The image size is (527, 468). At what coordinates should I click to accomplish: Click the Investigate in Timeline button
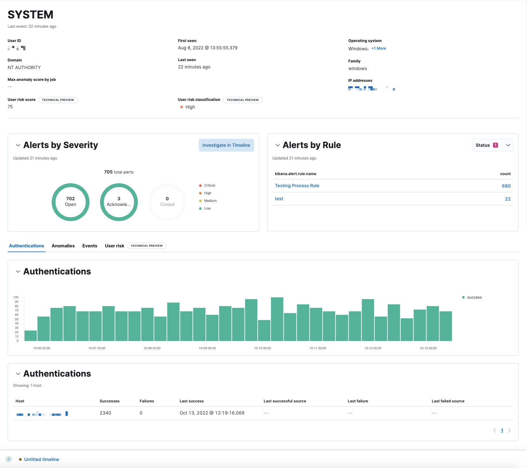click(226, 145)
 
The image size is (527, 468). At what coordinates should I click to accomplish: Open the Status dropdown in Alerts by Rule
click(493, 145)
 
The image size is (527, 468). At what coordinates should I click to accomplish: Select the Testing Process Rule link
click(297, 186)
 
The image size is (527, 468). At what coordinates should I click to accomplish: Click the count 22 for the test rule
click(508, 199)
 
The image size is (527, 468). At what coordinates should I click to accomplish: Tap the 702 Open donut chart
click(71, 202)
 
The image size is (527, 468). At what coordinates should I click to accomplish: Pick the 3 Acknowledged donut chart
click(119, 202)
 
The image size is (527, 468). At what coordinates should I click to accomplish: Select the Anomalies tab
click(63, 246)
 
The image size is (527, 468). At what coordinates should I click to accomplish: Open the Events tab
click(90, 246)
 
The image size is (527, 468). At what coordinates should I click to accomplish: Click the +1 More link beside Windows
click(378, 48)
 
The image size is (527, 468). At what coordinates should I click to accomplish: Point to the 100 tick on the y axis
click(16, 297)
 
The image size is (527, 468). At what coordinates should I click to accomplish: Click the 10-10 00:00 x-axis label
click(262, 348)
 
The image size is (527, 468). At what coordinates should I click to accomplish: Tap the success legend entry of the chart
click(474, 297)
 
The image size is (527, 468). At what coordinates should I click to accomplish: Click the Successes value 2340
click(105, 413)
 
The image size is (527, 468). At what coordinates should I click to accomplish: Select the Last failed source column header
click(448, 401)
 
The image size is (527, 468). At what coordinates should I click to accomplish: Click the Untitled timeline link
click(41, 459)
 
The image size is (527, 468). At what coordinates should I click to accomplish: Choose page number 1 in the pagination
click(502, 431)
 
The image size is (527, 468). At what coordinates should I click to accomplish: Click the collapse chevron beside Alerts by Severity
click(18, 145)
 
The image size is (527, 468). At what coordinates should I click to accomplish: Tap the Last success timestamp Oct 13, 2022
click(212, 413)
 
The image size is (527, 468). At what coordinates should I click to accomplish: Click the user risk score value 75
click(10, 107)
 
